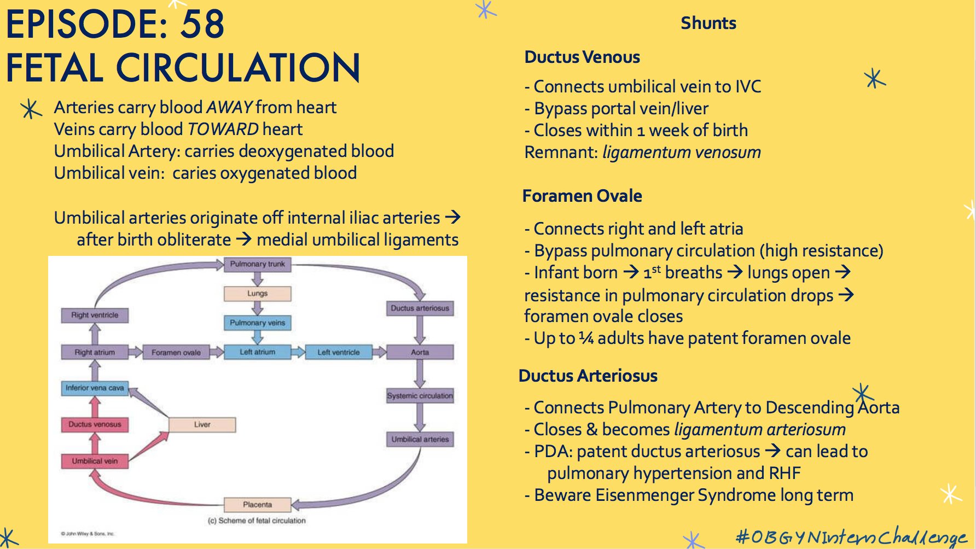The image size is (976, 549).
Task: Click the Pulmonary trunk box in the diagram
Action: pyautogui.click(x=257, y=264)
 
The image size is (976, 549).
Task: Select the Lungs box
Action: pyautogui.click(x=257, y=294)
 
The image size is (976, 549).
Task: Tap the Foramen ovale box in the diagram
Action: pyautogui.click(x=176, y=353)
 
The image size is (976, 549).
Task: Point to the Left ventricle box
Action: pyautogui.click(x=339, y=353)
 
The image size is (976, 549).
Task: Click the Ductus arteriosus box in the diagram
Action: pyautogui.click(x=420, y=308)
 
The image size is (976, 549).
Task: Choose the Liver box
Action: pyautogui.click(x=202, y=424)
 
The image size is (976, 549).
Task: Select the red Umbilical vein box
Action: pyautogui.click(x=95, y=461)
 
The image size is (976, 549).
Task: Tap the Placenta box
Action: pyautogui.click(x=257, y=504)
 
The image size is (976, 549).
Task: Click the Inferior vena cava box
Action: pyautogui.click(x=95, y=388)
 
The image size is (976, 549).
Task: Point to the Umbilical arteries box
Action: pyautogui.click(x=420, y=439)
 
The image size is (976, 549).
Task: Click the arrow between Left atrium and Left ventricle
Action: pyautogui.click(x=298, y=352)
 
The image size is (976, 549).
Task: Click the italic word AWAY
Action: pyautogui.click(x=229, y=107)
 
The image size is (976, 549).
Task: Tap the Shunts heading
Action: pyautogui.click(x=708, y=24)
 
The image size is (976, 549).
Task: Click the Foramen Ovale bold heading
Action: pyautogui.click(x=582, y=196)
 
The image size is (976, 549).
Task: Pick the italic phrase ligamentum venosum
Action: pyautogui.click(x=681, y=152)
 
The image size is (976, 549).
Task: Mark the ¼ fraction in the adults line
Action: pyautogui.click(x=586, y=338)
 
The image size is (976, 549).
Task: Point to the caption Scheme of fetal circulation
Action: pyautogui.click(x=257, y=521)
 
